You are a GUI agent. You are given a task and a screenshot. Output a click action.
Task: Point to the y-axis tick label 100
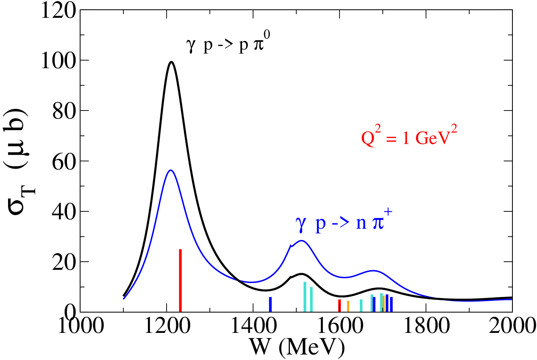pos(59,61)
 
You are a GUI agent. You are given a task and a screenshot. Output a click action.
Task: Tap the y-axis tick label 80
pos(64,111)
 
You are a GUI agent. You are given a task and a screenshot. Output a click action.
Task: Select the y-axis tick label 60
pos(64,162)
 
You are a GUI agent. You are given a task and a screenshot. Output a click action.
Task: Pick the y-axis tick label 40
pos(64,212)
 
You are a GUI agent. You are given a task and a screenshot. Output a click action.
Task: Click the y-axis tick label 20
pos(64,263)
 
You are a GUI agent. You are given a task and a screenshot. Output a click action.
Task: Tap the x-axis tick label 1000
pos(81,326)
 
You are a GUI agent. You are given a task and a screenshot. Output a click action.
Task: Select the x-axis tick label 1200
pos(167,326)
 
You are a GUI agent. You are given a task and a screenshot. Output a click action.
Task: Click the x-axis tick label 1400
pos(253,326)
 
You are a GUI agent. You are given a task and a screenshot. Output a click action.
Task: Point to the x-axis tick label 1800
pos(427,326)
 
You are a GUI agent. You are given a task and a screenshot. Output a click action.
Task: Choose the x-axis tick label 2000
pos(512,326)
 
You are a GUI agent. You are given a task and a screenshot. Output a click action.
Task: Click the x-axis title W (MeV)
pos(297,347)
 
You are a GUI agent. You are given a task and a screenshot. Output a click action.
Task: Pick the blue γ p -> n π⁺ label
pos(344,221)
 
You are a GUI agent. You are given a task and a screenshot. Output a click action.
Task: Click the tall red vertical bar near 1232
pos(180,280)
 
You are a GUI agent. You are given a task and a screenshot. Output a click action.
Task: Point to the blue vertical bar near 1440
pos(270,305)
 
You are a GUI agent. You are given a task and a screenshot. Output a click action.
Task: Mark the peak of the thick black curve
pos(171,62)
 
